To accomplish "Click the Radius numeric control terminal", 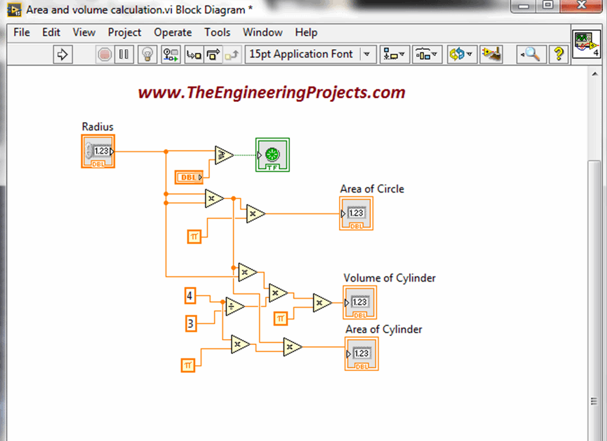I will coord(98,151).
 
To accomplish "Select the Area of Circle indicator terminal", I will coord(356,213).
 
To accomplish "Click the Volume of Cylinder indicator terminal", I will coord(359,302).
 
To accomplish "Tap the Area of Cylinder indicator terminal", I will coord(361,354).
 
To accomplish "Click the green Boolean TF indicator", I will coord(273,155).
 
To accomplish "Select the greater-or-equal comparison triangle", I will coord(223,155).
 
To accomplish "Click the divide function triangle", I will coord(234,306).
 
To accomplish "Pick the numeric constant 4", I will coord(190,295).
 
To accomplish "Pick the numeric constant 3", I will coord(190,324).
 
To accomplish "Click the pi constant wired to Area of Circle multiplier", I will coord(194,237).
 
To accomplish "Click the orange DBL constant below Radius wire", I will coord(189,177).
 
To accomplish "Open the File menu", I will coord(21,32).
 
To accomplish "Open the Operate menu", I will coord(172,32).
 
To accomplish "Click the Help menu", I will coord(306,32).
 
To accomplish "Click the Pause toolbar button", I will coord(123,55).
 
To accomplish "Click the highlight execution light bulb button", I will coord(147,55).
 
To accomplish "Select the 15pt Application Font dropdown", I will coord(309,54).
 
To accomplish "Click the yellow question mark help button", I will coord(558,55).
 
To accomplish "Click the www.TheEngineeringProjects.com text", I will coord(271,92).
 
